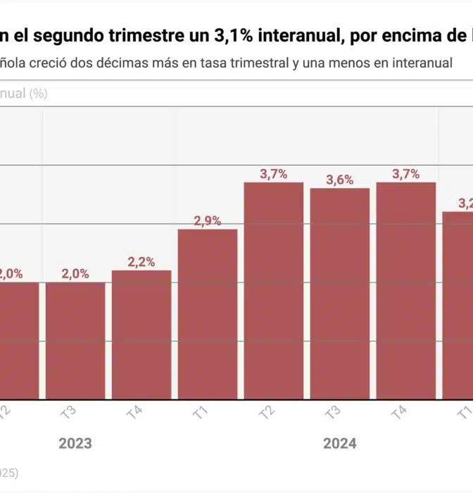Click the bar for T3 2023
coord(75,341)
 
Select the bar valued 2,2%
coord(141,335)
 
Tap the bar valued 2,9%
coord(208,314)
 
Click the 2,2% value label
coord(141,262)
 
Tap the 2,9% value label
coord(208,221)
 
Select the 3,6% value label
coord(340,180)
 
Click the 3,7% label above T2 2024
coord(274,174)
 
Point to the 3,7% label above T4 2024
coord(406,174)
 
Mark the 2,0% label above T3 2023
coord(75,274)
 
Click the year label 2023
coord(75,444)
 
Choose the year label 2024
coord(340,444)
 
